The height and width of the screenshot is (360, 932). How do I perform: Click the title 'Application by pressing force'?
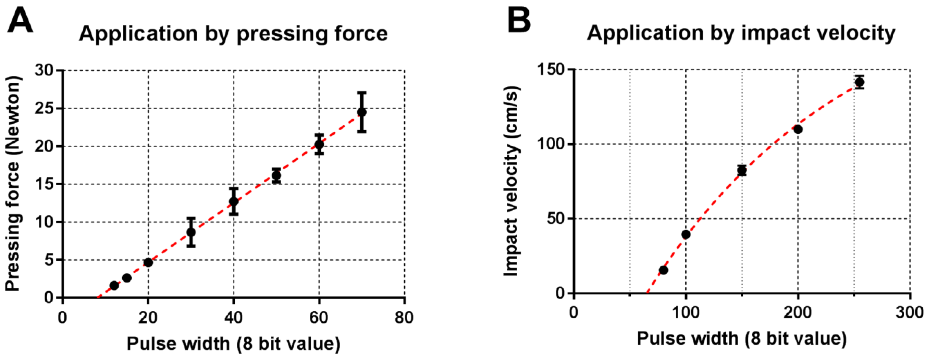point(233,34)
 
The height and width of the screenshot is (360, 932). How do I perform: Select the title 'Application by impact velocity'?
point(741,33)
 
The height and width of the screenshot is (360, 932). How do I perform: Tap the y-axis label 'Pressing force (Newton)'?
point(13,183)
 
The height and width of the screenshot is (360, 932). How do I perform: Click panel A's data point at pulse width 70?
point(361,112)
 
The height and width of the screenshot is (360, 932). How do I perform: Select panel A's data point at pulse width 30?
point(191,232)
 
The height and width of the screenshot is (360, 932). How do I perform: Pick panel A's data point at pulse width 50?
point(276,175)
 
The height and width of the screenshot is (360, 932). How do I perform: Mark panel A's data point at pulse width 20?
point(148,263)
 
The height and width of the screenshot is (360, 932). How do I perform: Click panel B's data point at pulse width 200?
point(798,129)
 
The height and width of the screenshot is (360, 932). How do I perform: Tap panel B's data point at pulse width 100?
point(686,234)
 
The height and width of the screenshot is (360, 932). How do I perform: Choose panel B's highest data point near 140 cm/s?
point(860,82)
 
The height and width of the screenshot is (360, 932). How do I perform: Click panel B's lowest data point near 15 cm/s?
point(663,270)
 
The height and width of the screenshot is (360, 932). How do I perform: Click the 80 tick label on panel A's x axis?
point(404,318)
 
